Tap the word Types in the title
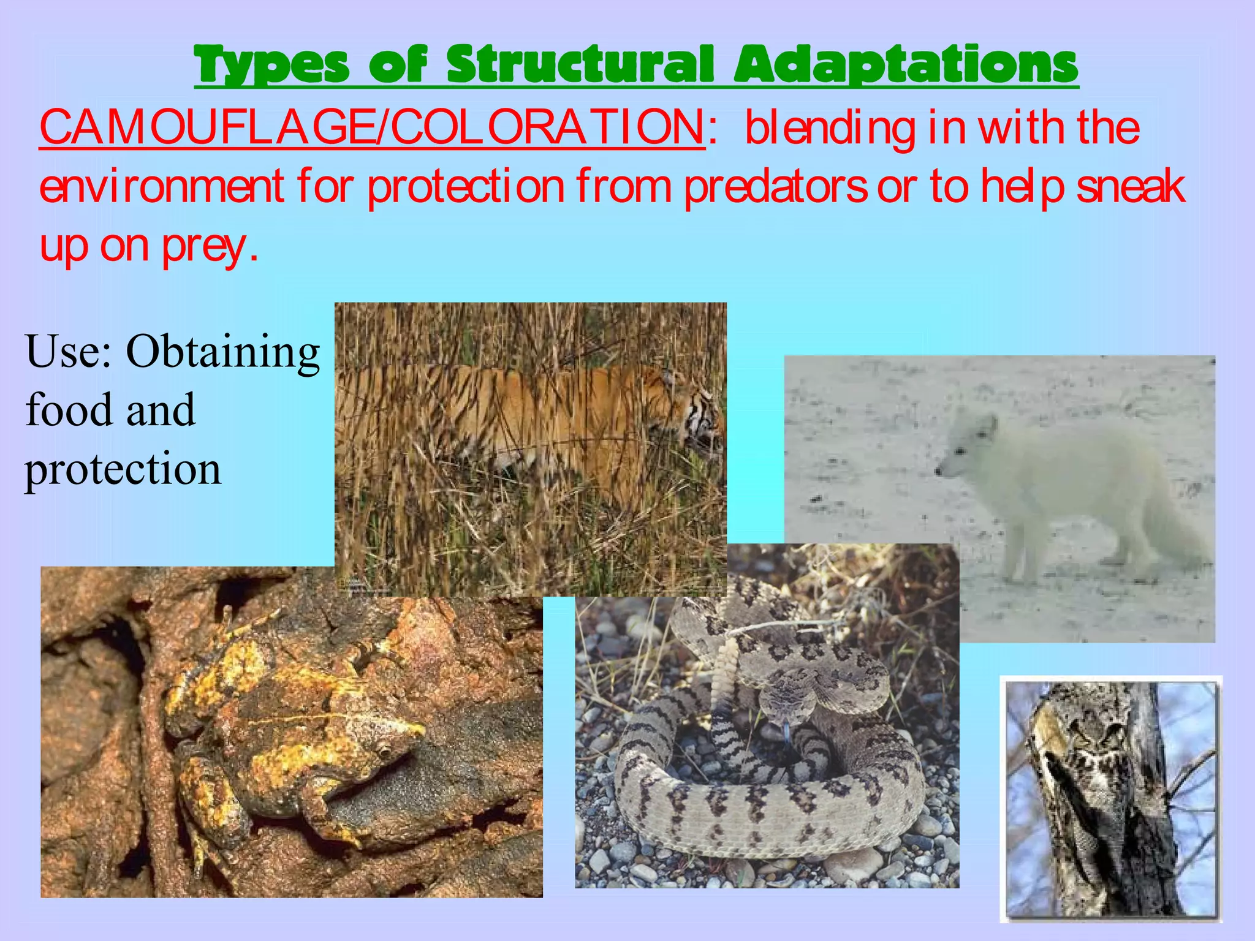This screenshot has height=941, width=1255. click(x=272, y=66)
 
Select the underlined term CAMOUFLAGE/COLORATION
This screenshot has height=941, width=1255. click(x=372, y=127)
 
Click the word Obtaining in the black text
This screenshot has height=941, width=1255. click(x=223, y=352)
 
